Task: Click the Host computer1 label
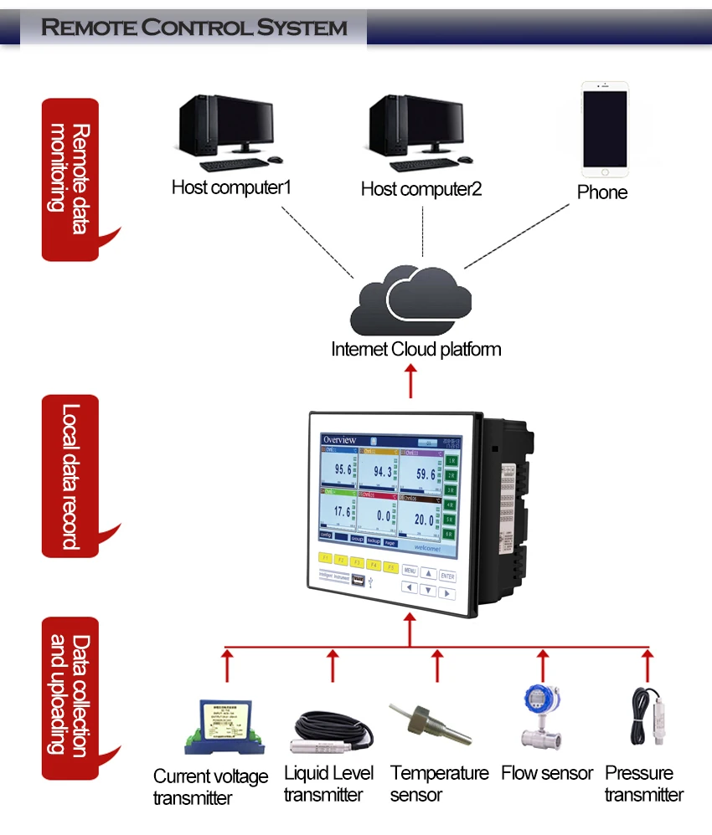coord(231,187)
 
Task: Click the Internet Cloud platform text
coord(416,349)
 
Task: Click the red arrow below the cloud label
coord(410,382)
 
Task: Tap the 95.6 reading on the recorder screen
coord(343,469)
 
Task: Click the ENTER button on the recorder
coord(448,576)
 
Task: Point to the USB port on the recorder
coord(359,579)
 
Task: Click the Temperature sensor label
coord(439,783)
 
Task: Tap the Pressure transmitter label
coord(643,783)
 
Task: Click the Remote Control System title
coord(194,28)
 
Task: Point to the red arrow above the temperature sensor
coord(436,667)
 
